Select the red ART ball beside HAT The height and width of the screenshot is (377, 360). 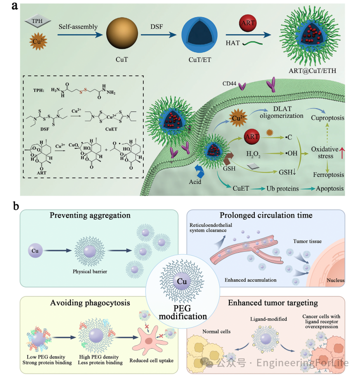coord(247,24)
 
